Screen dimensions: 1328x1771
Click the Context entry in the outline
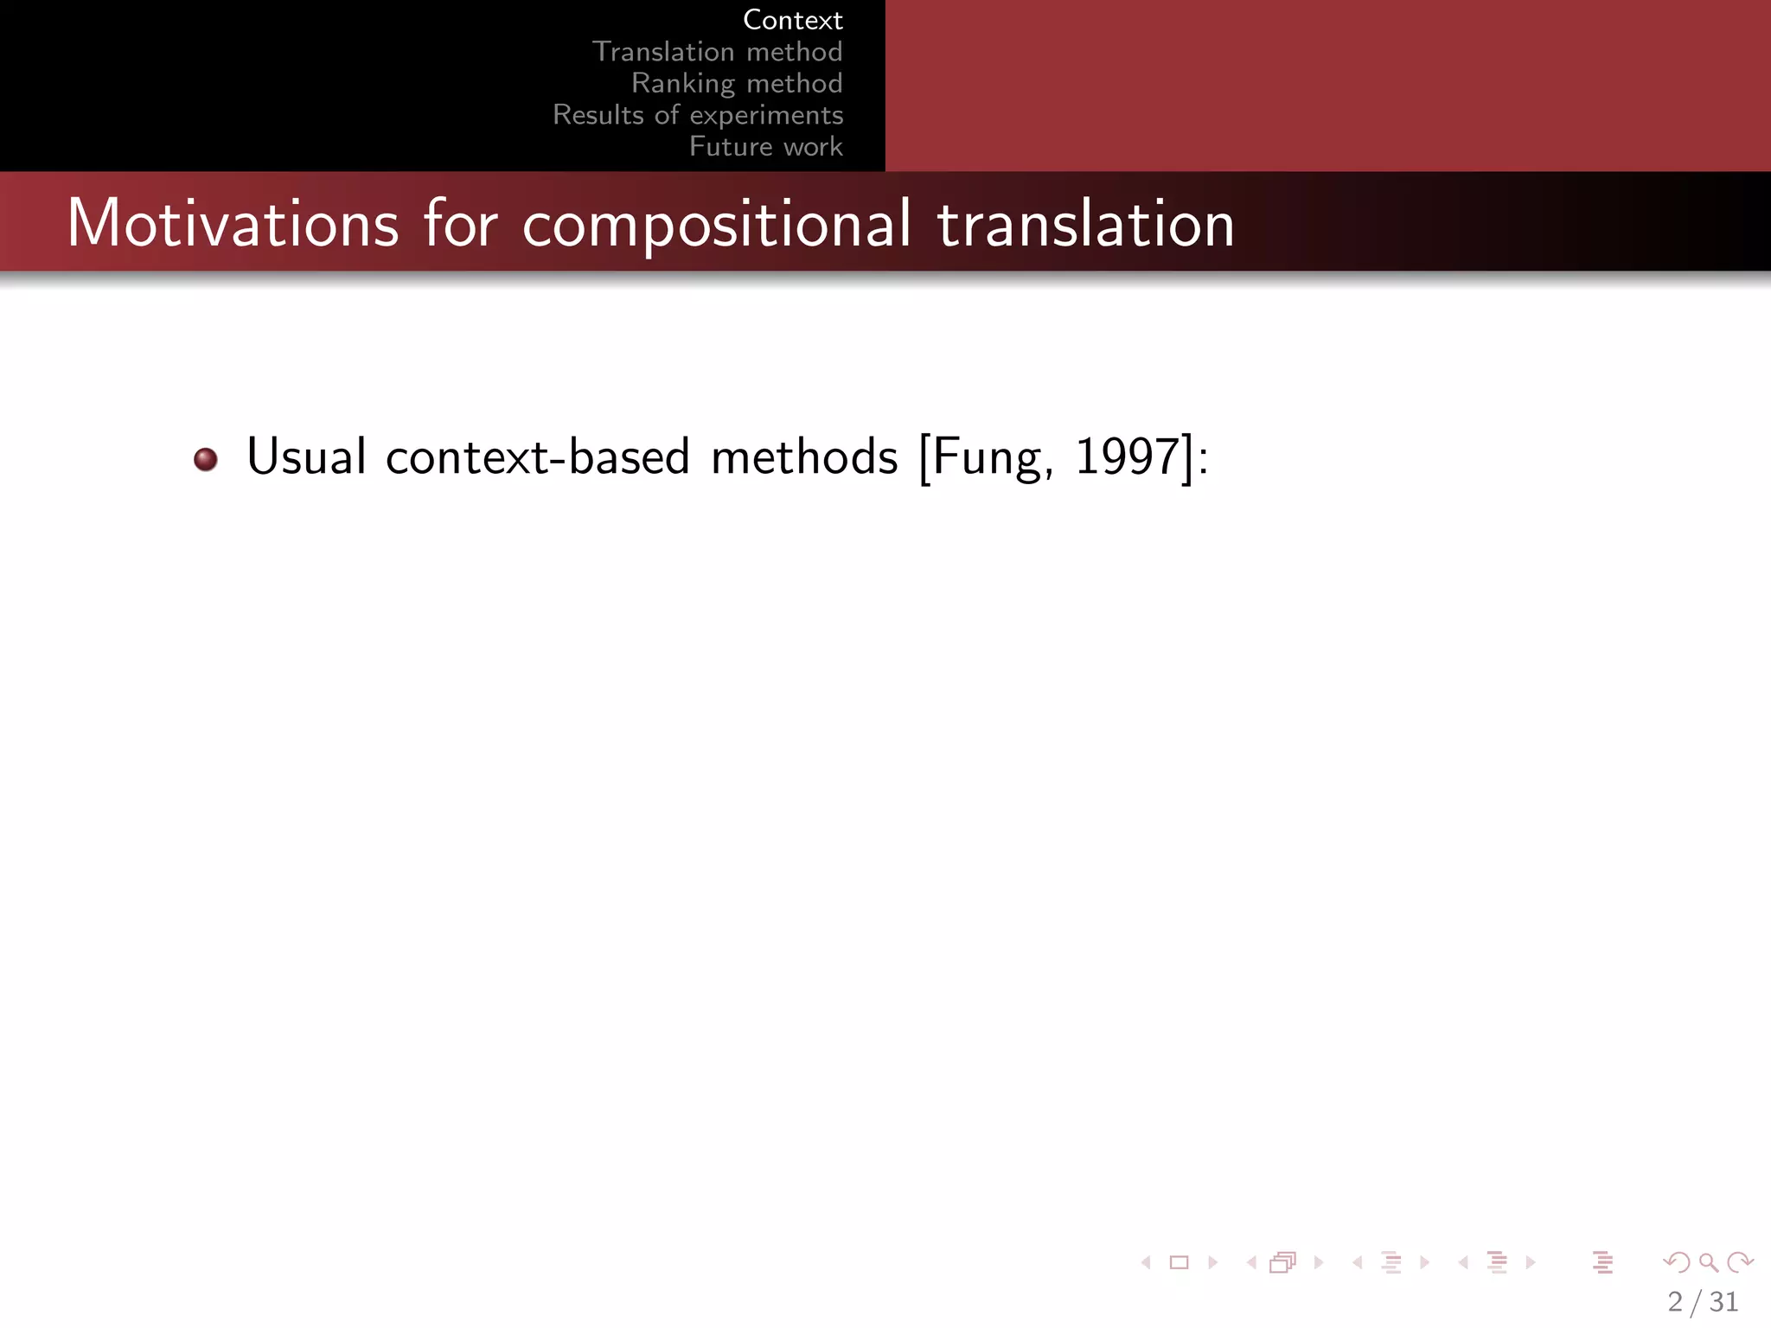[792, 20]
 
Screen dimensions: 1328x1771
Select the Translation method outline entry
[717, 52]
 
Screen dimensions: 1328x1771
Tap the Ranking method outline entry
[737, 83]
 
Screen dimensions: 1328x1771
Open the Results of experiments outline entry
[698, 115]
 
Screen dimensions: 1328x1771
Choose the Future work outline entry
[765, 147]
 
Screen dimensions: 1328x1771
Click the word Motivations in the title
[233, 224]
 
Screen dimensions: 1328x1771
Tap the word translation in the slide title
[1085, 224]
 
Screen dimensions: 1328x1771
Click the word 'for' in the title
[460, 224]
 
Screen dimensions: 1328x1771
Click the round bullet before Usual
[206, 459]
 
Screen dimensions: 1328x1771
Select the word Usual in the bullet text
[306, 456]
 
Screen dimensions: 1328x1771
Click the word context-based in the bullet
[537, 457]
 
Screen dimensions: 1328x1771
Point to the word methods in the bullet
[804, 456]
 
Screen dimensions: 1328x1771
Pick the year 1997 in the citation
[1127, 456]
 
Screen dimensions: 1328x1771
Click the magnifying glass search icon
[1708, 1262]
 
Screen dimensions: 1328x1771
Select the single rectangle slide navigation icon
[1179, 1262]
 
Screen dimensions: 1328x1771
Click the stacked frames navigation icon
[1282, 1262]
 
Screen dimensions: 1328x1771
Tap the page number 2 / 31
[1703, 1301]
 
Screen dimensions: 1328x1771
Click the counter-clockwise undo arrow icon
[1676, 1262]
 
